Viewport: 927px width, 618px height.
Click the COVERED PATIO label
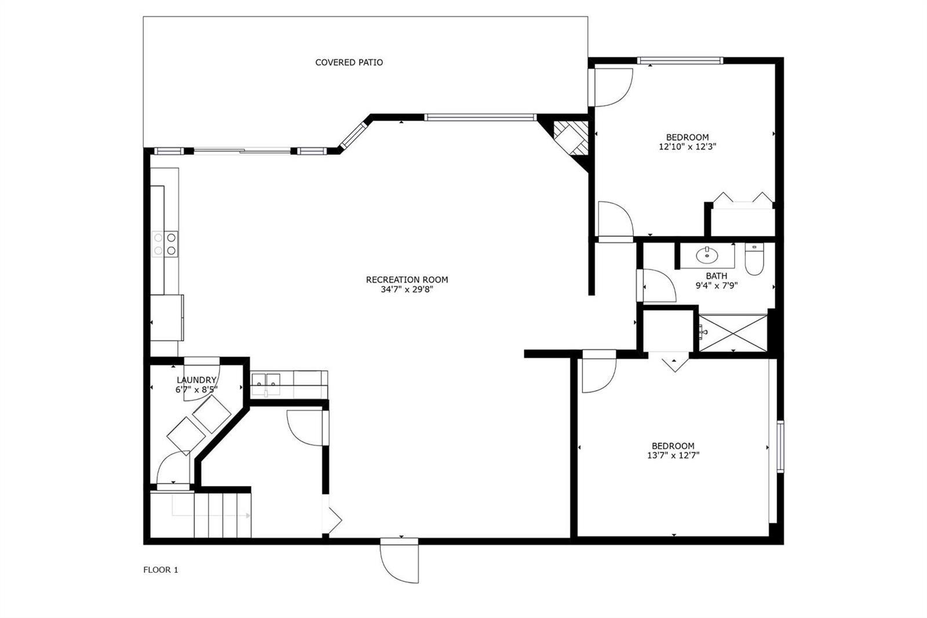click(349, 63)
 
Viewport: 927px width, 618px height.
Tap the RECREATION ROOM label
click(407, 279)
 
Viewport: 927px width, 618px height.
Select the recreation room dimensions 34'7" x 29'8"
click(407, 289)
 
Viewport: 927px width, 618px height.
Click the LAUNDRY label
click(196, 380)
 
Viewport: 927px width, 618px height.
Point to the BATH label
click(716, 276)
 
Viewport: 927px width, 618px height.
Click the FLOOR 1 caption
click(160, 570)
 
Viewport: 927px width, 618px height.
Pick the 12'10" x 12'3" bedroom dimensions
click(687, 147)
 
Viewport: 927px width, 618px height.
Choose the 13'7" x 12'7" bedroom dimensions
click(673, 456)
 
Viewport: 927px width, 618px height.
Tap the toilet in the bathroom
click(754, 259)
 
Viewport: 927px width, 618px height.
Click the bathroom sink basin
click(707, 255)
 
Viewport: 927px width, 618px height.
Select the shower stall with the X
click(732, 333)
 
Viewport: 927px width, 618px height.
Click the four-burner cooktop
click(165, 244)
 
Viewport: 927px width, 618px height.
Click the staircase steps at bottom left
click(222, 515)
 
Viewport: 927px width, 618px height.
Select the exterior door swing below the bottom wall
click(399, 561)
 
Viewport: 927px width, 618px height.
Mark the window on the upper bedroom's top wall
click(680, 60)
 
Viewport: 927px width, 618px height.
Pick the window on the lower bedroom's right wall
click(780, 446)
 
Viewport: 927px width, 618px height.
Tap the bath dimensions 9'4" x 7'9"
click(716, 285)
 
